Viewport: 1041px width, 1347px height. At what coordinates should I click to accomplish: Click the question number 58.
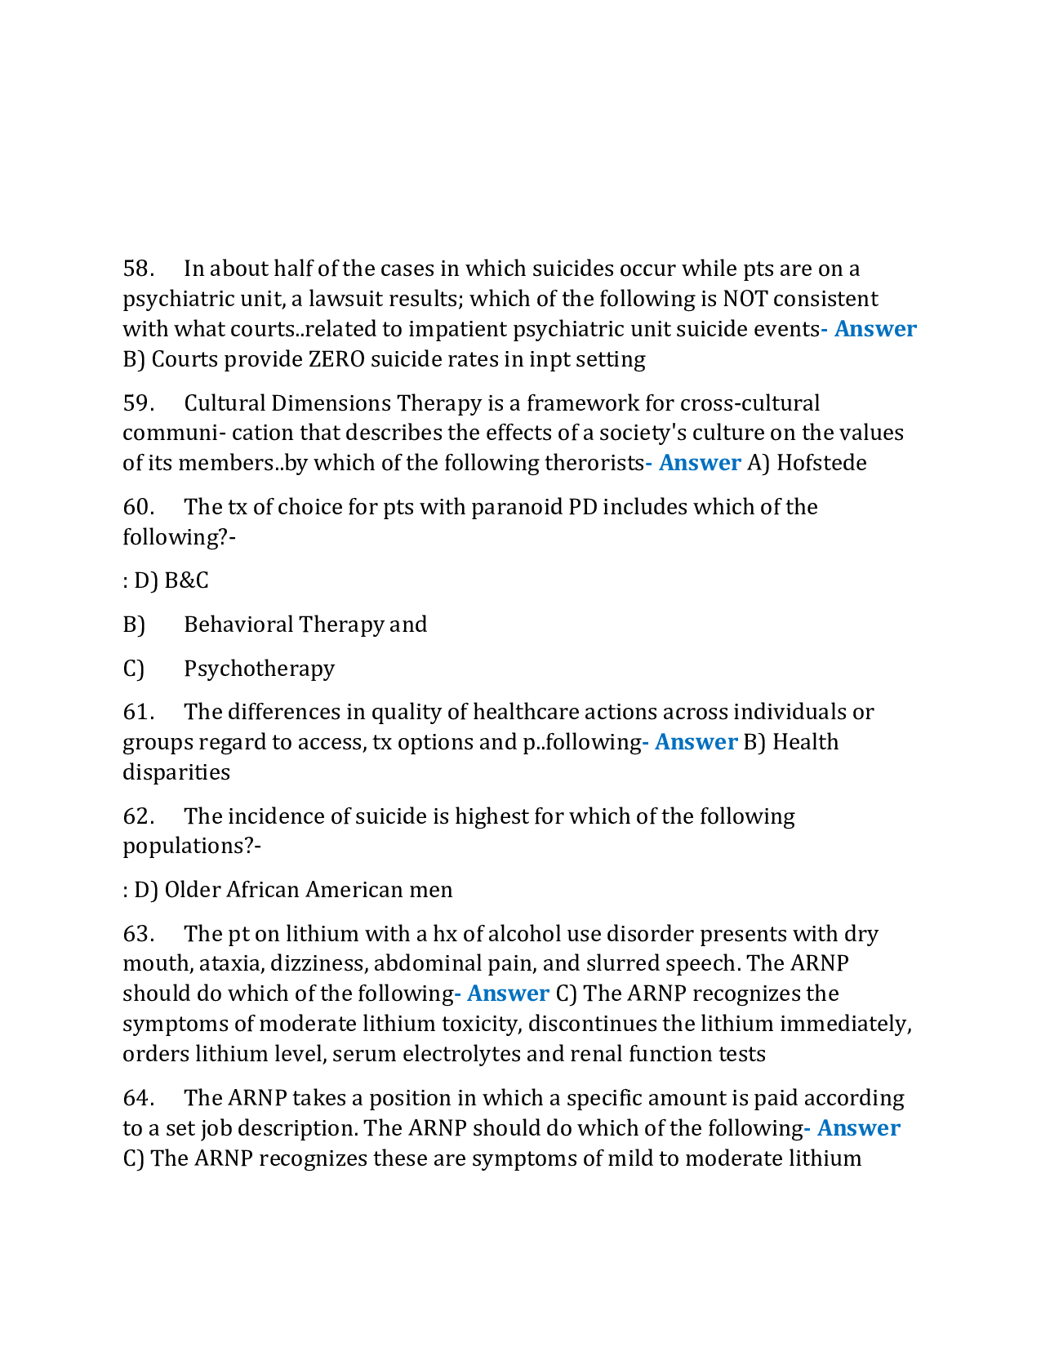point(138,269)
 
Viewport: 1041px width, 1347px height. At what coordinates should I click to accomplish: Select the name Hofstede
point(821,463)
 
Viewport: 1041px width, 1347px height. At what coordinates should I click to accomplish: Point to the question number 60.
point(138,507)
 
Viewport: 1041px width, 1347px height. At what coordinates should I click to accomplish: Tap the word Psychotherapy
point(259,669)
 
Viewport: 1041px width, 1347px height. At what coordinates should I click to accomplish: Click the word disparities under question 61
point(176,772)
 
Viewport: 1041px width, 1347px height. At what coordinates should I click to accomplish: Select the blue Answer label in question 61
point(696,742)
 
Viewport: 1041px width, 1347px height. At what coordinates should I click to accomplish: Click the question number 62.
point(138,816)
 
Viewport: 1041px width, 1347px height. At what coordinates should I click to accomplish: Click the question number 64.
point(138,1098)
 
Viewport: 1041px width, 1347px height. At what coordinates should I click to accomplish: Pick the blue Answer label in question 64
point(858,1128)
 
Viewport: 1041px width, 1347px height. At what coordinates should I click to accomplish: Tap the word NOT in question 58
point(745,299)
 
